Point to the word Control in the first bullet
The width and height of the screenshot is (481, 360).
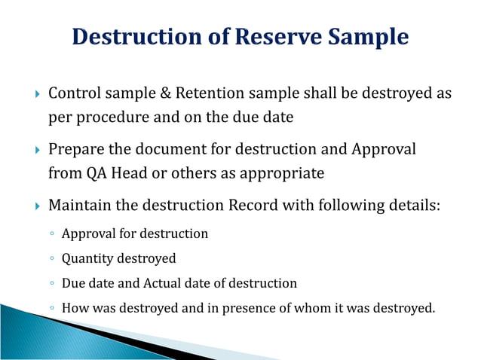click(x=73, y=93)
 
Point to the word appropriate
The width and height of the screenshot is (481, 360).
click(x=280, y=173)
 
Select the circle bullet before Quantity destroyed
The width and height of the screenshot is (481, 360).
click(x=51, y=259)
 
